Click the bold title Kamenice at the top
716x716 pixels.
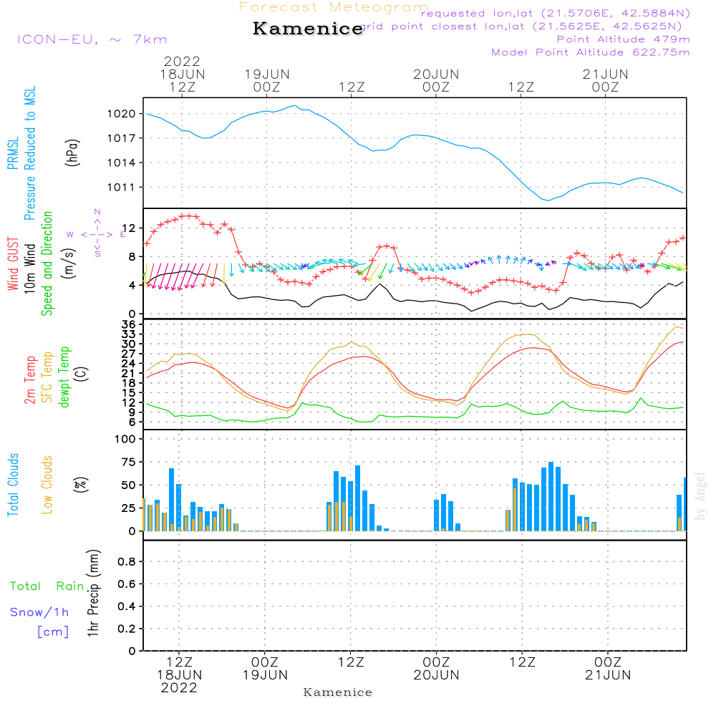(x=308, y=29)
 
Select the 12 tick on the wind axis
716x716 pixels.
(x=131, y=228)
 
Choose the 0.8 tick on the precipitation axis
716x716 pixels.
(x=127, y=562)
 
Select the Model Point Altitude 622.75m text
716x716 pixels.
(x=591, y=52)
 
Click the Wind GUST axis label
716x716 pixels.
(x=13, y=263)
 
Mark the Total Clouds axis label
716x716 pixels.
(x=13, y=485)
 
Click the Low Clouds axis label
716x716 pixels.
(x=47, y=485)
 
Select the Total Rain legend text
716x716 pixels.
(x=47, y=586)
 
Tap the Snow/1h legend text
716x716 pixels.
(x=39, y=612)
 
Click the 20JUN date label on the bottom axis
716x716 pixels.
(x=436, y=674)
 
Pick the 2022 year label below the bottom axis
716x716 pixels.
(x=179, y=687)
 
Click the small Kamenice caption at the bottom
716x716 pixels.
(x=338, y=692)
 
